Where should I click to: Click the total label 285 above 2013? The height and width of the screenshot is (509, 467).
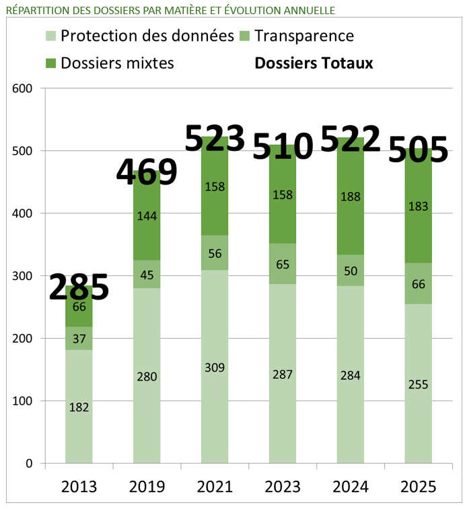tap(79, 287)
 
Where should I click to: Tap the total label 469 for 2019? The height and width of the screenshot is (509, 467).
tap(147, 172)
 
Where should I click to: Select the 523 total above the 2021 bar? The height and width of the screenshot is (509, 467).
tap(215, 139)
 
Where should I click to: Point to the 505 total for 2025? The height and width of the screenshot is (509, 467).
tap(418, 149)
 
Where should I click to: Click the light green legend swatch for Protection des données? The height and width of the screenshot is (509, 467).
tap(51, 36)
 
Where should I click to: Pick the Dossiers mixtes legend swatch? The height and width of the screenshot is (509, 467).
tap(51, 63)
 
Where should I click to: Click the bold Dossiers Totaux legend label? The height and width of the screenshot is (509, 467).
tap(314, 63)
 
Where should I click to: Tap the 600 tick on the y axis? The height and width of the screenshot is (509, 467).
tap(22, 88)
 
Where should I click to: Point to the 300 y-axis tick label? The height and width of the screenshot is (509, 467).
tap(22, 276)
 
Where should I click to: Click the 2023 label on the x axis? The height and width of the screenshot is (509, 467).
tap(283, 486)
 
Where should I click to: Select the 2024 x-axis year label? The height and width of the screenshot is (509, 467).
tap(351, 486)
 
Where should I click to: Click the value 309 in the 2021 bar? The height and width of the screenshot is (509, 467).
tap(215, 368)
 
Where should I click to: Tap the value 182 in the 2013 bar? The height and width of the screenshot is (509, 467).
tap(79, 407)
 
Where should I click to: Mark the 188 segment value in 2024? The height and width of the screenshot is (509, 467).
tap(351, 197)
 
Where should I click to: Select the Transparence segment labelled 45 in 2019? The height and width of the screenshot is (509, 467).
tap(147, 274)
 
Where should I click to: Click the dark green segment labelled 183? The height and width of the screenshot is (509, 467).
tap(418, 205)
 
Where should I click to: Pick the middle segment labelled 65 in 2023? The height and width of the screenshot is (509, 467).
tap(283, 264)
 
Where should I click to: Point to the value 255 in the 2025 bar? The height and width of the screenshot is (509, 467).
tap(418, 384)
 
